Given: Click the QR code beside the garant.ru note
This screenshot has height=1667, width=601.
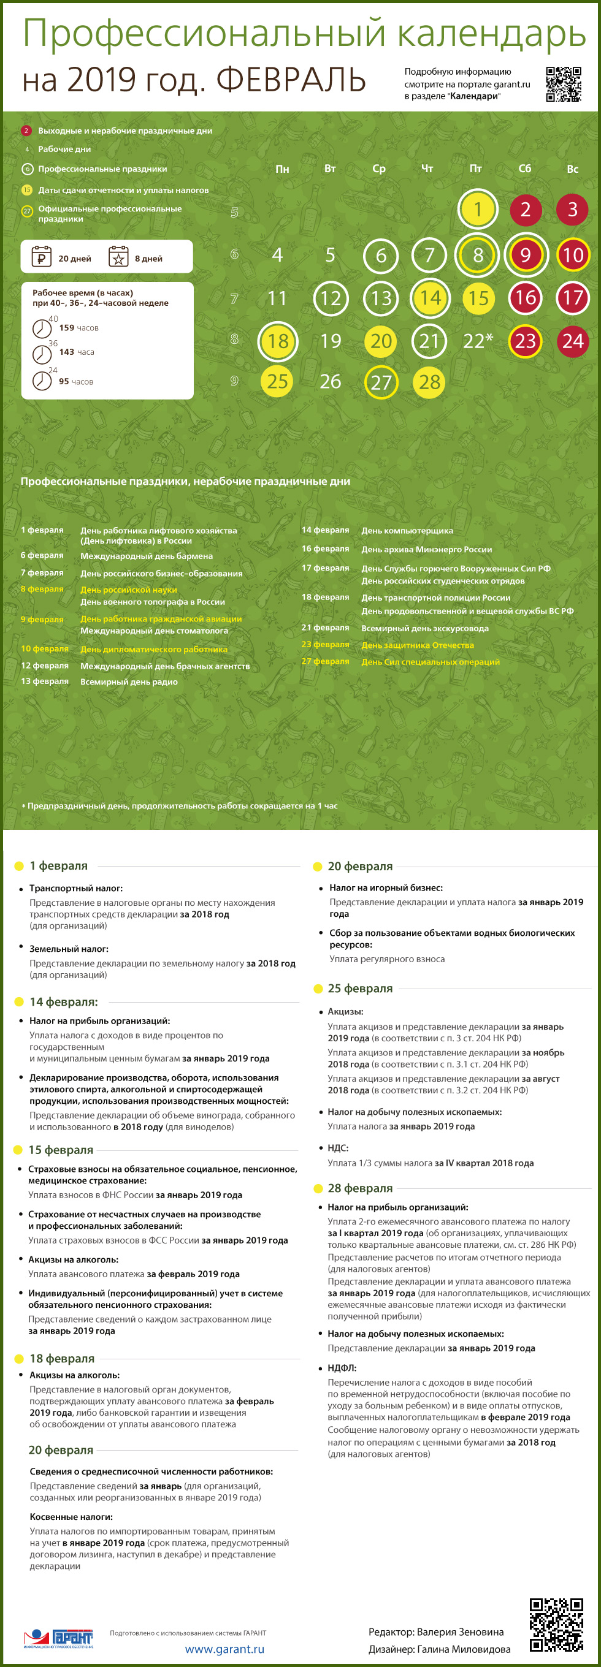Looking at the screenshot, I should pyautogui.click(x=563, y=84).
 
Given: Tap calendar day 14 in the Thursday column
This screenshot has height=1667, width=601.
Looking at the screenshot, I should pyautogui.click(x=430, y=298).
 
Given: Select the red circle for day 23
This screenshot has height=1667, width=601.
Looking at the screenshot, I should pyautogui.click(x=525, y=341).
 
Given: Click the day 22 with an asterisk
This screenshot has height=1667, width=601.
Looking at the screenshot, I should pyautogui.click(x=477, y=341).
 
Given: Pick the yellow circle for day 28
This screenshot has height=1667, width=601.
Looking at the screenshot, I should pyautogui.click(x=429, y=382).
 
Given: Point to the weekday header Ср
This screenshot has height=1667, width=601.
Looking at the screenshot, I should pyautogui.click(x=379, y=169).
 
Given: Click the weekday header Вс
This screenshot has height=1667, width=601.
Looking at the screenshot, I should pyautogui.click(x=573, y=169).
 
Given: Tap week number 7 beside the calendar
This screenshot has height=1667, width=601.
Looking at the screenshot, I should pyautogui.click(x=234, y=298).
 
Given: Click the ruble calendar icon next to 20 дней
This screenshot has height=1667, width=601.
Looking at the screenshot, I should pyautogui.click(x=42, y=257).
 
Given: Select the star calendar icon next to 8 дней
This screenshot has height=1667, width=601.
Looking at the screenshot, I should pyautogui.click(x=118, y=257).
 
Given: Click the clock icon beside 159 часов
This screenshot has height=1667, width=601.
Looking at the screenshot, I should pyautogui.click(x=42, y=328).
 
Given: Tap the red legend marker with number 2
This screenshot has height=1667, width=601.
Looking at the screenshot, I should pyautogui.click(x=26, y=131).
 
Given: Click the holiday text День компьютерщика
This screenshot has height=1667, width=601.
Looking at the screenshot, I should pyautogui.click(x=407, y=531).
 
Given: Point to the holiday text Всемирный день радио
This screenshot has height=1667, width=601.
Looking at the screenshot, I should pyautogui.click(x=128, y=682).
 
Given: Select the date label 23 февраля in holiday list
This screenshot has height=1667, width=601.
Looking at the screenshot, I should pyautogui.click(x=325, y=645).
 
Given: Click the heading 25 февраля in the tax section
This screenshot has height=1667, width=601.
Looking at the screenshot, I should pyautogui.click(x=360, y=988).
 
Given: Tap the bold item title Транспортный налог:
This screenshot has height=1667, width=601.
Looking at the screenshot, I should pyautogui.click(x=76, y=889).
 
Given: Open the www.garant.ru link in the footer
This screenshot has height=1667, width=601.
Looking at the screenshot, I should pyautogui.click(x=224, y=1649).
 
